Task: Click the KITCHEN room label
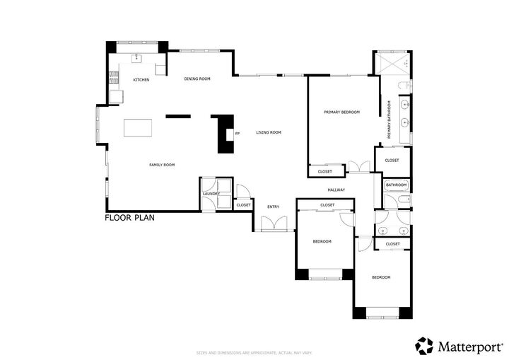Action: tap(141, 80)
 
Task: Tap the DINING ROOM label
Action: tap(197, 79)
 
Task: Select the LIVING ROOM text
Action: tap(269, 133)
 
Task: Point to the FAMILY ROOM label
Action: tap(161, 165)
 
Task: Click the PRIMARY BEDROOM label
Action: tap(341, 112)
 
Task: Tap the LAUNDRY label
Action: tap(211, 194)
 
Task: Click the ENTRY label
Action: tap(273, 207)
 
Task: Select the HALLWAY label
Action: tap(336, 190)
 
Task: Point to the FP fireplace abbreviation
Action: tap(238, 133)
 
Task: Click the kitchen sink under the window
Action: tap(137, 59)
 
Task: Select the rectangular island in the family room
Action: tap(138, 128)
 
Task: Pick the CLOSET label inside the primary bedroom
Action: tap(325, 172)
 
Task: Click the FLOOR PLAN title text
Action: tap(129, 218)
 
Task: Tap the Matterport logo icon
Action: tap(424, 345)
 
